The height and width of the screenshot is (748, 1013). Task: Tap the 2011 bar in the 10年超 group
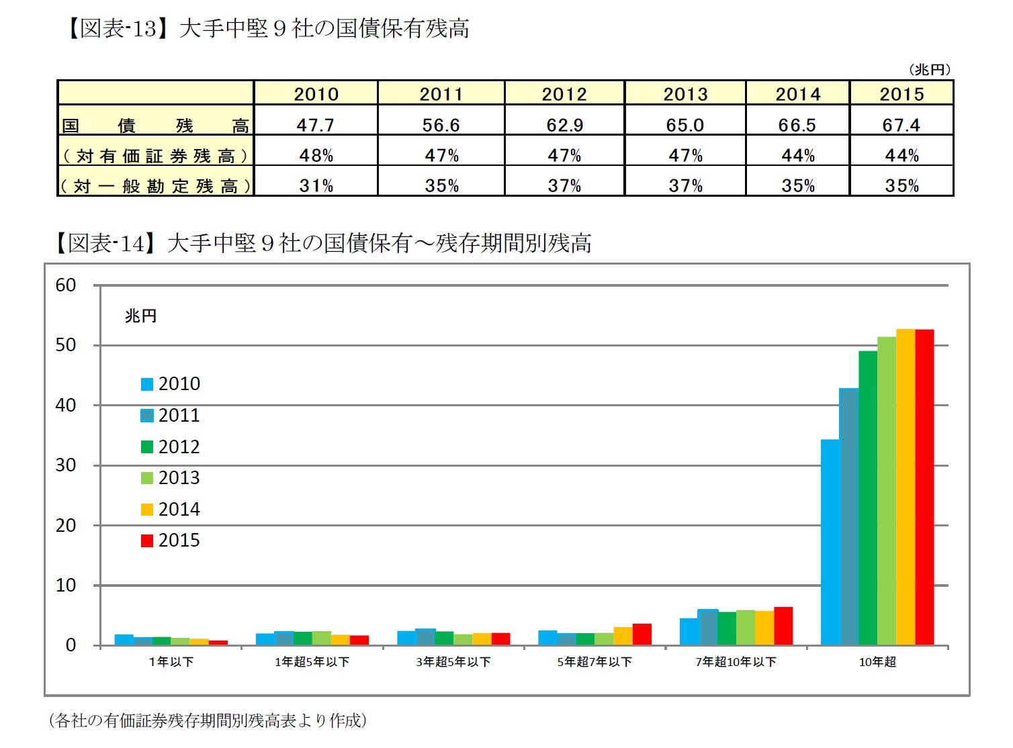[x=848, y=517]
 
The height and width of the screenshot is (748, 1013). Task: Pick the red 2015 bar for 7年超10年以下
[x=783, y=626]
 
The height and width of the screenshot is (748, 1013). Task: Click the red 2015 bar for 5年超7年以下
[x=642, y=635]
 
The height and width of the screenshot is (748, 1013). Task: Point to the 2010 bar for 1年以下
[x=124, y=640]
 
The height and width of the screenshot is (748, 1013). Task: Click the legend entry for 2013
[x=171, y=478]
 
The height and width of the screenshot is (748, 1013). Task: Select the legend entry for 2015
[x=171, y=541]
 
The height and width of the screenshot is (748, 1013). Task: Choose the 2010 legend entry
[x=171, y=384]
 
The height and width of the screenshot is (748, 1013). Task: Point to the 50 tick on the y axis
[x=66, y=345]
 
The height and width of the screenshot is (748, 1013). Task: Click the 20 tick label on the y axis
[x=66, y=525]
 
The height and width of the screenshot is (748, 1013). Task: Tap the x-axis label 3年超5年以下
[x=453, y=662]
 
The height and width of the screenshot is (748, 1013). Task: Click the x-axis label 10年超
[x=877, y=662]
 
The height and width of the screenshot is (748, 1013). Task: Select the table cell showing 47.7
[x=316, y=125]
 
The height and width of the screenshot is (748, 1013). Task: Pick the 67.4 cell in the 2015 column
[x=901, y=125]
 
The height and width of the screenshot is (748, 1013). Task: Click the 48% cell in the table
[x=316, y=156]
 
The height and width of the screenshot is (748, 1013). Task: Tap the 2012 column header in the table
[x=564, y=94]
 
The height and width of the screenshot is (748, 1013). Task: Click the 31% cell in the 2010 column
[x=316, y=186]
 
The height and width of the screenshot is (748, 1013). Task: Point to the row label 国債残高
[x=155, y=126]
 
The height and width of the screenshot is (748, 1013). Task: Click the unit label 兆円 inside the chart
[x=140, y=316]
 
